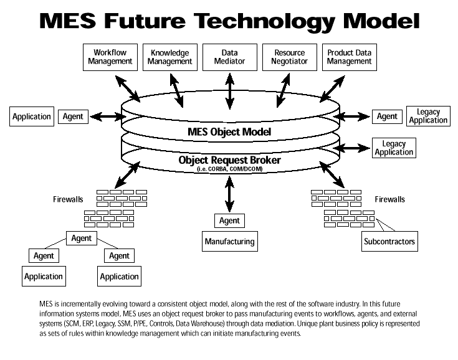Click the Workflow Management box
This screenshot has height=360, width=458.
coord(110,57)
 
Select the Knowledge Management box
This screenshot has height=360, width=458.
coord(169,57)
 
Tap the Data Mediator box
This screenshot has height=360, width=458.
coord(229,57)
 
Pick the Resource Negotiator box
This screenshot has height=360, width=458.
coord(289,57)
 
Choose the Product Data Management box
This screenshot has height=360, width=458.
coord(350,57)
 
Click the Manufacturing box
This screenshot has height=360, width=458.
coord(229,241)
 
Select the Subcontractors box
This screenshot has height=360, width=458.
coord(389,241)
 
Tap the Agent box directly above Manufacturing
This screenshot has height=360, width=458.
coord(229,220)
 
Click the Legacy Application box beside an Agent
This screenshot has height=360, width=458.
coord(428,116)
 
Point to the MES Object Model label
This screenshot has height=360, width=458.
coord(229,132)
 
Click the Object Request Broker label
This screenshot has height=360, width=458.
coord(229,160)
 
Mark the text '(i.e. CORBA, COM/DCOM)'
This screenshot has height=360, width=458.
coord(229,169)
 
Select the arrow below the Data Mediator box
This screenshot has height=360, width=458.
coord(229,89)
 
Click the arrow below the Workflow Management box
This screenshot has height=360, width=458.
coord(128,87)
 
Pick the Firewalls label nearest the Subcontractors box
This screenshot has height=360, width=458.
coord(389,200)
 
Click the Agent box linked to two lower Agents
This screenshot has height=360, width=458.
coord(81,239)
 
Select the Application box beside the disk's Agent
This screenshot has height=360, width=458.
coord(32,116)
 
